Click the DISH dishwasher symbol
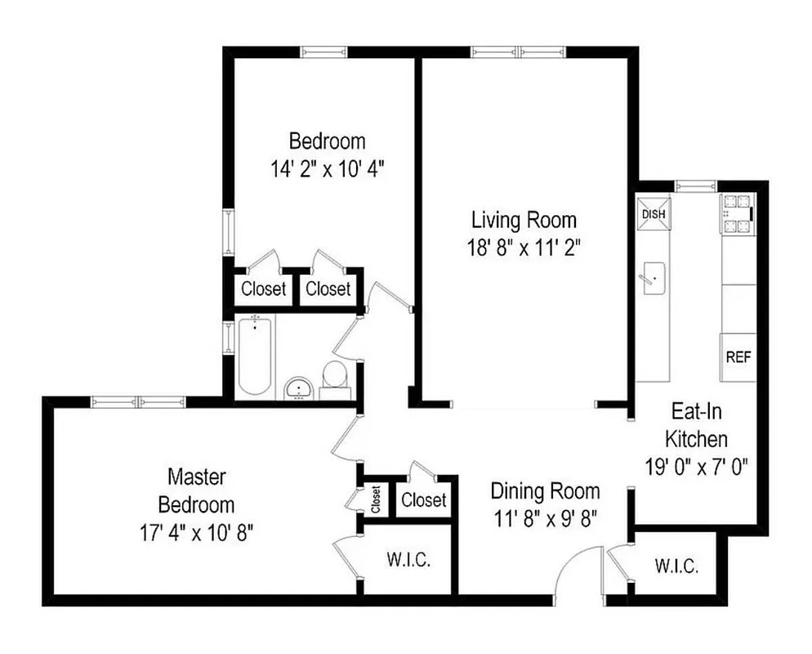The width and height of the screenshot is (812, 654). pos(653,214)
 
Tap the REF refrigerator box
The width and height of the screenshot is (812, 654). pos(737,357)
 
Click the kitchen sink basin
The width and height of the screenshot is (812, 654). pos(653,279)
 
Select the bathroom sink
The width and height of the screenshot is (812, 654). pos(298,388)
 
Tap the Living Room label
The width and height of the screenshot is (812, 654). pos(524,220)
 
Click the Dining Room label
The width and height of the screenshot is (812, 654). pos(545,491)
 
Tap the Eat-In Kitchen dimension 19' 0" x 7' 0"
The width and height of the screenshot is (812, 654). pos(696,467)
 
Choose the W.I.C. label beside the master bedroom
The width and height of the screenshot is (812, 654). pos(408,562)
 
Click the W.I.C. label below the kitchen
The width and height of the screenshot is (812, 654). pos(676,566)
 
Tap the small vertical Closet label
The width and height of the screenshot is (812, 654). pos(376,499)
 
